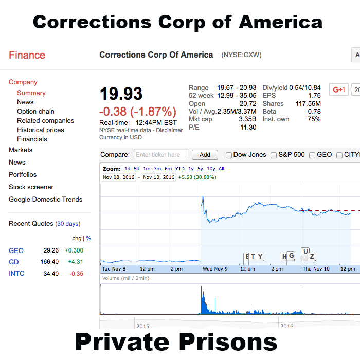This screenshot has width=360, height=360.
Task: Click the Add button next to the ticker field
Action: click(x=205, y=155)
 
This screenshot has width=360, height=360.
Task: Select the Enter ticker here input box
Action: click(x=161, y=155)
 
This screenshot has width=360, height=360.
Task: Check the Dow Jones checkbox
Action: click(x=229, y=155)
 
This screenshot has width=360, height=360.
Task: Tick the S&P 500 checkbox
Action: click(x=274, y=155)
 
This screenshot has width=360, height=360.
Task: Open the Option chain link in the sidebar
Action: click(x=35, y=112)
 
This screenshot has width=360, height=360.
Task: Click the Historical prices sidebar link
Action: click(x=41, y=130)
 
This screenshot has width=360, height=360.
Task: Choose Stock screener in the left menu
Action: click(x=31, y=187)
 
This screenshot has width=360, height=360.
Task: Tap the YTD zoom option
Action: click(x=179, y=169)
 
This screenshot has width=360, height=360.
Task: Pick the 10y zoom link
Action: click(x=211, y=169)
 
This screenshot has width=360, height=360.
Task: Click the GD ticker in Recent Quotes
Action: click(x=13, y=262)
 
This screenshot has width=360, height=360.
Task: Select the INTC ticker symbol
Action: click(x=16, y=274)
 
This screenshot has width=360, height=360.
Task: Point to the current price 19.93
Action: click(x=121, y=94)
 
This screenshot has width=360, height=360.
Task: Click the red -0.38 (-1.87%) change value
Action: click(x=138, y=112)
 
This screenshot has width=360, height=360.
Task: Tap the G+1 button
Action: click(x=339, y=89)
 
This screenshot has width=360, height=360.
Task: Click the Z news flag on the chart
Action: click(x=312, y=257)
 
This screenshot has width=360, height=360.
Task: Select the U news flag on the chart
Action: click(x=305, y=251)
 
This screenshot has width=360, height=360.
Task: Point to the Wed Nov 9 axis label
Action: click(x=215, y=269)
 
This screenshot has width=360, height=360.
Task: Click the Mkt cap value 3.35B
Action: click(x=247, y=119)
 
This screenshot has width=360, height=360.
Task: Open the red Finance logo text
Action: click(x=27, y=56)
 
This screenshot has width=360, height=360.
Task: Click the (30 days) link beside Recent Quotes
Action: click(x=68, y=224)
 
